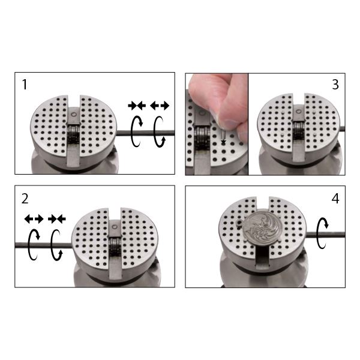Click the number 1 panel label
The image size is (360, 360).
pyautogui.click(x=25, y=85)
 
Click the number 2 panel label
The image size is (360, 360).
pyautogui.click(x=25, y=199)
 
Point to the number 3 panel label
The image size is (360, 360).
pyautogui.click(x=335, y=85)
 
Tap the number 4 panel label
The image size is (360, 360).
pyautogui.click(x=335, y=199)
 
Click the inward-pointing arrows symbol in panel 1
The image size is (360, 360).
pyautogui.click(x=137, y=106)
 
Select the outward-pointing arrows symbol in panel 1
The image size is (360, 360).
pyautogui.click(x=160, y=106)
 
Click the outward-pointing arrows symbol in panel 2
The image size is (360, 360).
pyautogui.click(x=34, y=219)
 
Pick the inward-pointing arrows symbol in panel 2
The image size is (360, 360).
pyautogui.click(x=57, y=219)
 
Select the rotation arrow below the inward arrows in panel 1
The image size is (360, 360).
pyautogui.click(x=132, y=131)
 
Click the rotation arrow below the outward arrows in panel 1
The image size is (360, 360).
pyautogui.click(x=155, y=132)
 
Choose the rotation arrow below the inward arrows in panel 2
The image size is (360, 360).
pyautogui.click(x=52, y=245)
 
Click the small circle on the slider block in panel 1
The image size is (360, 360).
pyautogui.click(x=74, y=115)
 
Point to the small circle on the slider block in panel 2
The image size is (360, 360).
pyautogui.click(x=115, y=227)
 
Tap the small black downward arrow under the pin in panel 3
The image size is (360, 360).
pyautogui.click(x=223, y=142)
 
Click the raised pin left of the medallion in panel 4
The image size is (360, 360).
pyautogui.click(x=239, y=222)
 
